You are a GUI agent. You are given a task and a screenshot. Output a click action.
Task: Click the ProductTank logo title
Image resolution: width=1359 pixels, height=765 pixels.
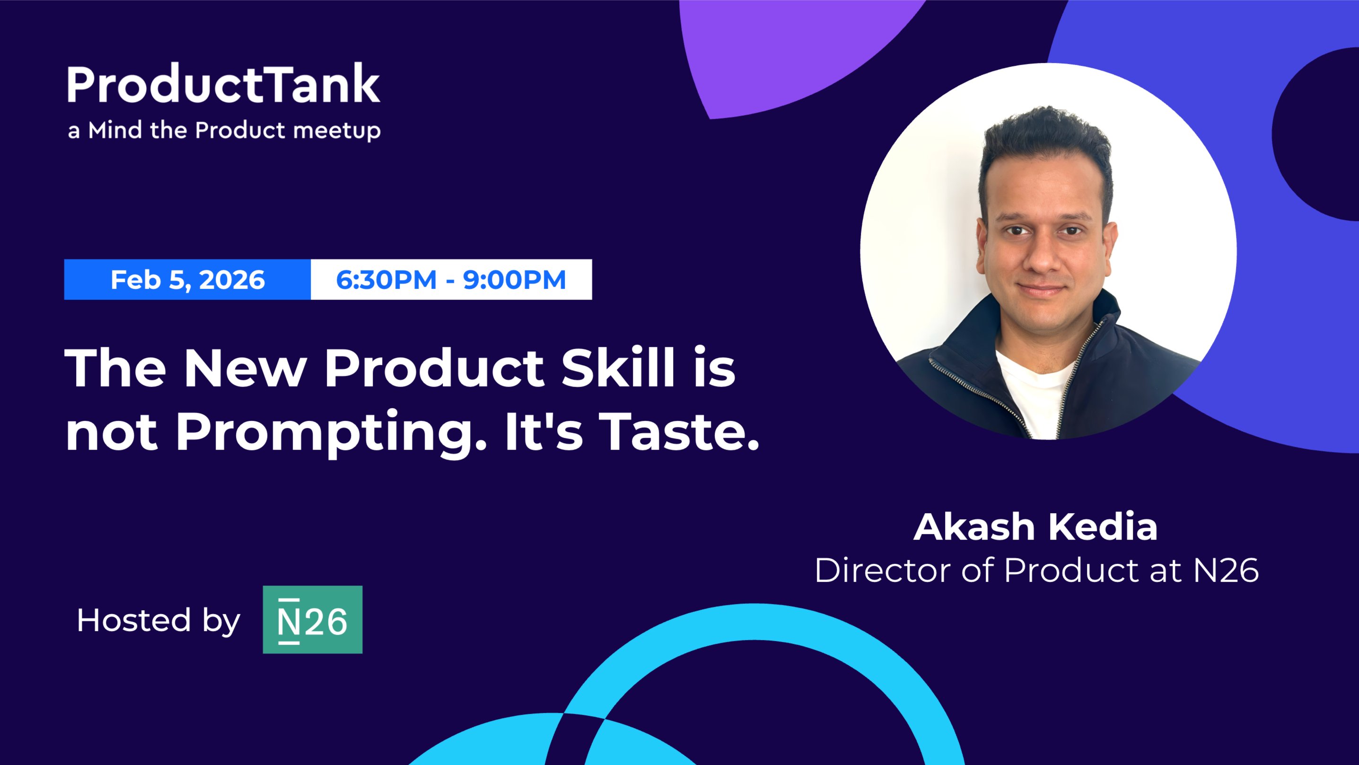tap(223, 84)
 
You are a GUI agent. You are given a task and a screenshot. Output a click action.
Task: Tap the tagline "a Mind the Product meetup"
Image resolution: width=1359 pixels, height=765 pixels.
tap(224, 130)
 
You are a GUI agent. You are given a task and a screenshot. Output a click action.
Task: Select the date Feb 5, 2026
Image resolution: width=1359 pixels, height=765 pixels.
tap(188, 279)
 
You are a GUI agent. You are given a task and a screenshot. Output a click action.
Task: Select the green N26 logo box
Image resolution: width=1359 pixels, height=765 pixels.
tap(312, 619)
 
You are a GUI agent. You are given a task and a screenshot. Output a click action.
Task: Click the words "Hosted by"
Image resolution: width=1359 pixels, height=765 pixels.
tap(158, 620)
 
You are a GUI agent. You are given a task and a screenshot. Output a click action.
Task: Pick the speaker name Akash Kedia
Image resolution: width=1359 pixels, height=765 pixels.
tap(1035, 526)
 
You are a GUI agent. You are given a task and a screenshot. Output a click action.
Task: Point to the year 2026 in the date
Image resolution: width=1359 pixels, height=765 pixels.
tap(232, 279)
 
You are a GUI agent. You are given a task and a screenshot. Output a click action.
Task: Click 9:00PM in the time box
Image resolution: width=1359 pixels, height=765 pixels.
tap(514, 279)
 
